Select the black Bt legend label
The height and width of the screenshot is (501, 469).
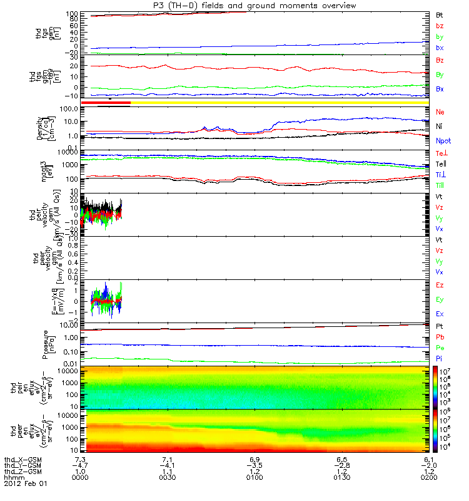point(440,14)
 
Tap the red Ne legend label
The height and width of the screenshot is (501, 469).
point(440,111)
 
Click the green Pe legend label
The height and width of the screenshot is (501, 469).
point(440,347)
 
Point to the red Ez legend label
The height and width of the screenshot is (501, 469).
point(440,285)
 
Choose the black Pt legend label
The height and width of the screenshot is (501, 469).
point(440,327)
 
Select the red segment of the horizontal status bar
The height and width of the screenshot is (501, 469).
point(106,102)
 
